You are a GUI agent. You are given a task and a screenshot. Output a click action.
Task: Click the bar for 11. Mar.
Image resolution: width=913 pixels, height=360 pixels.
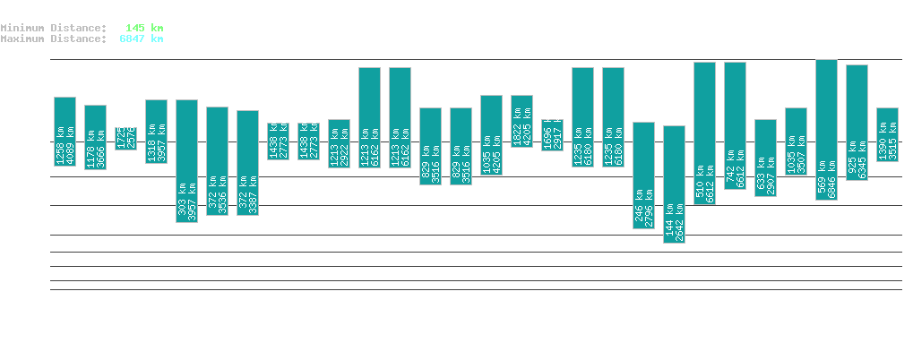click(674, 184)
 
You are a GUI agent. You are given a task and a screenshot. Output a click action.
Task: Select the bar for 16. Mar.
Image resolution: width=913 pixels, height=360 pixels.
click(826, 130)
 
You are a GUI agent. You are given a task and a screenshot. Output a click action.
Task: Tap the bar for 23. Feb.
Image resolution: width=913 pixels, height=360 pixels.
click(186, 160)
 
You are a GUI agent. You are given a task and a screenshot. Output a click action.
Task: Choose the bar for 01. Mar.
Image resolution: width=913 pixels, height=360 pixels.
click(369, 117)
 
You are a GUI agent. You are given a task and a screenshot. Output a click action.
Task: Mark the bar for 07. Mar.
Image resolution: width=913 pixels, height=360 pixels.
click(552, 134)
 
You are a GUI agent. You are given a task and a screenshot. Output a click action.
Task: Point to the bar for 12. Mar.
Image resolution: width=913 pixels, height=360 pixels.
click(704, 133)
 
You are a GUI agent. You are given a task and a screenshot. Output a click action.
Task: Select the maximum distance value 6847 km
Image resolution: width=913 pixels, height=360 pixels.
click(142, 39)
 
